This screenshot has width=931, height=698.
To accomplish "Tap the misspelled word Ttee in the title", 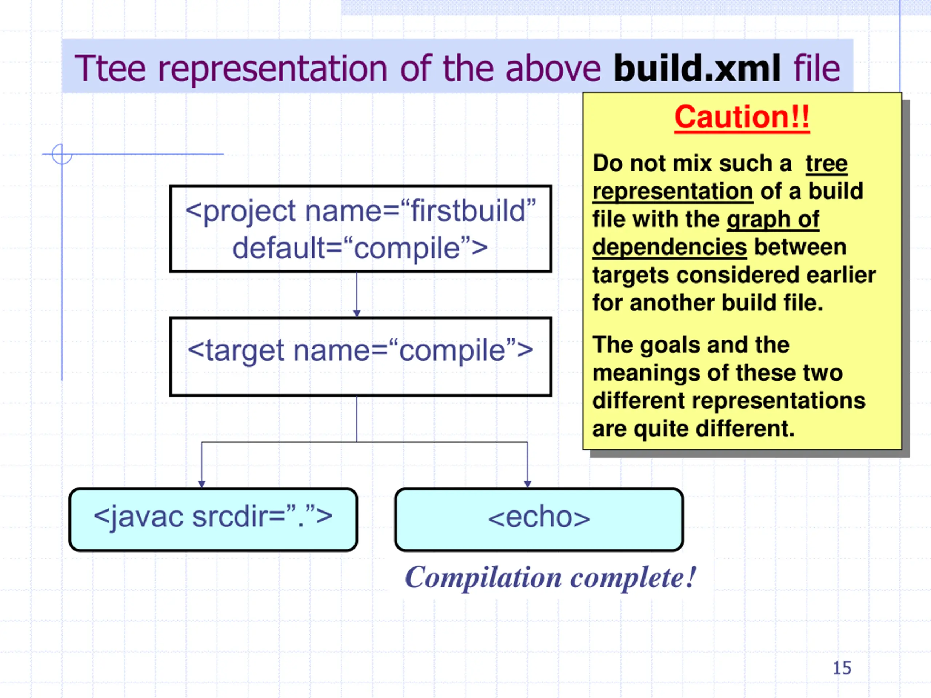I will [110, 68].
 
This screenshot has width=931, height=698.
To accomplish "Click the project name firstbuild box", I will [360, 228].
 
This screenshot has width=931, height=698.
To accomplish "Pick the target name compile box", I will [360, 356].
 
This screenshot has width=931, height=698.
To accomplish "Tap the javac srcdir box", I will [213, 519].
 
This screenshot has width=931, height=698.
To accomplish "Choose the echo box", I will [539, 519].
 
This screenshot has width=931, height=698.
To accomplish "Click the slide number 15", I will [842, 668].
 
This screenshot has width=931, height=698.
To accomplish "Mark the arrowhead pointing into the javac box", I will [201, 484].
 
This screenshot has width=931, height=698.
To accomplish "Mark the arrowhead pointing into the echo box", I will [527, 484].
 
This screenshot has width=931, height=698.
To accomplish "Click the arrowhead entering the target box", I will [357, 313].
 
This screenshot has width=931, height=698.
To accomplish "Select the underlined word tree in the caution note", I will [826, 163].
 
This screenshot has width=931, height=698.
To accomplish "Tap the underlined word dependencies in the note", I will [669, 247].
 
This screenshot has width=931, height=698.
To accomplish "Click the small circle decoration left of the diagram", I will [62, 154].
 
